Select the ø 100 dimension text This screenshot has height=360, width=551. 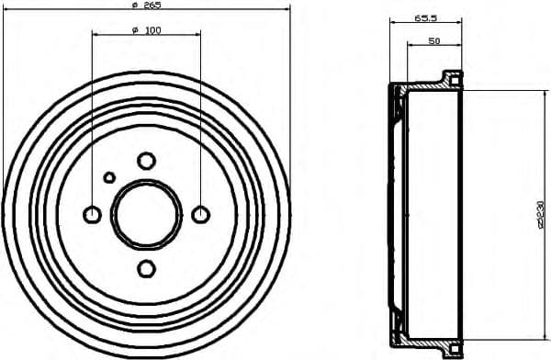click(146, 30)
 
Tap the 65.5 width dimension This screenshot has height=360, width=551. click(424, 17)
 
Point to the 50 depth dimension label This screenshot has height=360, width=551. click(433, 40)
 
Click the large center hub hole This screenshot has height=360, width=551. click(146, 214)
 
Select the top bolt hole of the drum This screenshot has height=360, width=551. click(146, 161)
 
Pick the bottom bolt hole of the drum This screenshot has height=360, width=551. click(146, 268)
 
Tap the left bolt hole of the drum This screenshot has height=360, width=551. click(92, 214)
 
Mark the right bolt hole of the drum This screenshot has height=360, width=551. click(201, 214)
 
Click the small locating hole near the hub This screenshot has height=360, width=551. click(109, 177)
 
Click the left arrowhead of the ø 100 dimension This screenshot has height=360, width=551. click(96, 35)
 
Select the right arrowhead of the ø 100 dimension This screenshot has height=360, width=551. click(197, 35)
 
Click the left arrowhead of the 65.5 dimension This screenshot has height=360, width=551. click(393, 22)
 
